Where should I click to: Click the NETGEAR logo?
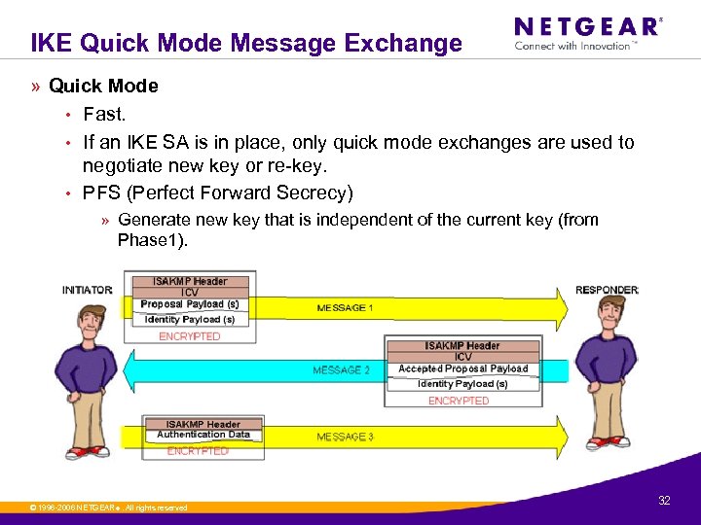coord(587,26)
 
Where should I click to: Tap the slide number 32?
coord(665,501)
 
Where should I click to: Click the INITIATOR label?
coord(88,290)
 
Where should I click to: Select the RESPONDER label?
coord(607,290)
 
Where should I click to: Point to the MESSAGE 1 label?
coord(345,308)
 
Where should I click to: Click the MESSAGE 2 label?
coord(341,370)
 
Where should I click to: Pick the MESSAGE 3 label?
coord(345,437)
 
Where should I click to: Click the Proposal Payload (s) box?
coord(190,304)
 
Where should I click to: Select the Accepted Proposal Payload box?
coord(462,369)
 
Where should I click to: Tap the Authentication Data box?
coord(203,435)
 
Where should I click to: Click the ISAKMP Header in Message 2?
coord(462,346)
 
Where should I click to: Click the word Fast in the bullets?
coord(104,115)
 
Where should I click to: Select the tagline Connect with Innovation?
coord(575,46)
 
